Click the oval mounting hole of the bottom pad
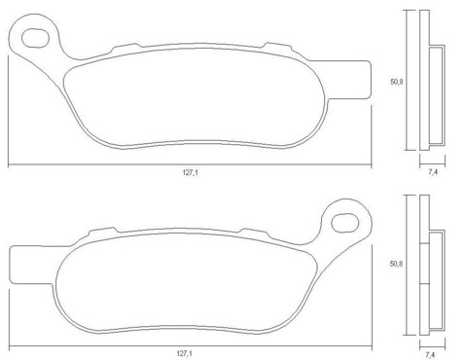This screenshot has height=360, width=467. tap(344, 223)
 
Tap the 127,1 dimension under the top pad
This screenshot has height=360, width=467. tap(191, 173)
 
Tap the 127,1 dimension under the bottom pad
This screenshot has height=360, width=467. tap(185, 353)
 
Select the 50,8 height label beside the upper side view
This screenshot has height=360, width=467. tap(396, 82)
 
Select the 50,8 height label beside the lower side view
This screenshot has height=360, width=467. tap(396, 264)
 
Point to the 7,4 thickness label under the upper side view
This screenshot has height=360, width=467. tap(433, 172)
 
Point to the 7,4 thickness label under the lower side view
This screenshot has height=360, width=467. tap(431, 355)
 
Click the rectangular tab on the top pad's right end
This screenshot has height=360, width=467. tap(348, 80)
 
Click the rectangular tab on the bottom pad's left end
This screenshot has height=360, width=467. tap(31, 265)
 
